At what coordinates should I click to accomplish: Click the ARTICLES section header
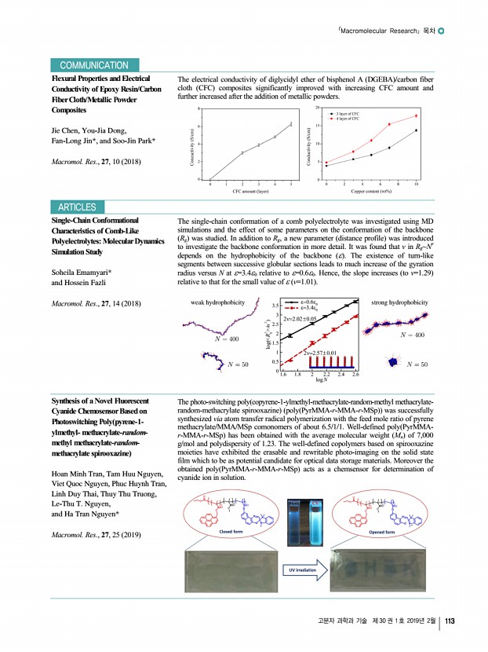[x=77, y=207]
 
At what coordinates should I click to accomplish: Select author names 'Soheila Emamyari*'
[x=83, y=271]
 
